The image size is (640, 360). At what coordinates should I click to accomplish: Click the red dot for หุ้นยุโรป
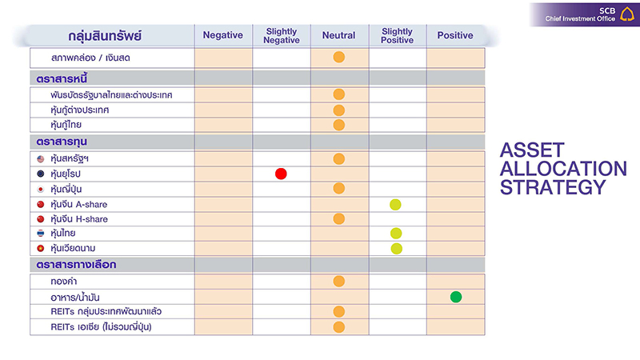coord(281,174)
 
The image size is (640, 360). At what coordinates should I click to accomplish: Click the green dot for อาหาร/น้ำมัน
coord(456,297)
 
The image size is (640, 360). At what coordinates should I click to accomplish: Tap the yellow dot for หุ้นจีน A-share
coord(395,204)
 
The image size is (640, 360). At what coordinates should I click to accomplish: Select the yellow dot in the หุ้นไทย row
coord(396,234)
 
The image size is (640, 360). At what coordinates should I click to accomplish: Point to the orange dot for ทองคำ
coord(338,282)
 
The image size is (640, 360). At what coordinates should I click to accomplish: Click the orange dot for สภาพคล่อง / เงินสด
coord(338,58)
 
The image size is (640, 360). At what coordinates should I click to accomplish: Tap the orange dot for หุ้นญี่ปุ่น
coord(338,189)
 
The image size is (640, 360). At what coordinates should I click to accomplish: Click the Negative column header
coord(223,36)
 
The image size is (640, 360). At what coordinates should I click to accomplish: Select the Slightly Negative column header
coord(282,36)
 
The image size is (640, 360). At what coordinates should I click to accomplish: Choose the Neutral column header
coord(339,36)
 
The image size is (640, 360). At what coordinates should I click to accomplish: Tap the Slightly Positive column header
coord(398,36)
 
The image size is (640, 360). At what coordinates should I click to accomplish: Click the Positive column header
coord(455,36)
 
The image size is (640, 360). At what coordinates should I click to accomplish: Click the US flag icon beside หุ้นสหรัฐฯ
coord(40,159)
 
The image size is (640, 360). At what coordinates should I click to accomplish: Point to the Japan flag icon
coord(40,189)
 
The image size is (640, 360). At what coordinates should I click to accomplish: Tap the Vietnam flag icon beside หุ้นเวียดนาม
coord(40,249)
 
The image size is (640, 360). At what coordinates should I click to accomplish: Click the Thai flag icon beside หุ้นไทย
coord(40,234)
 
